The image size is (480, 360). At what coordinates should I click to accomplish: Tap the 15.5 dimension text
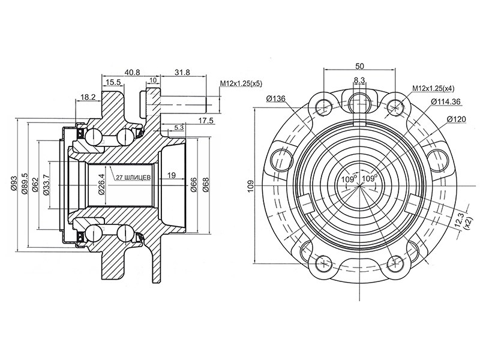coord(113,82)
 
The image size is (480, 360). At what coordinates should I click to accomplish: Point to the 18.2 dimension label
coord(88,97)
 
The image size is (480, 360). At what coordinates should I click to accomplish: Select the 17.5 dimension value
coord(206,121)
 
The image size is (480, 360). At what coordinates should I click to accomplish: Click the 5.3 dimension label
coord(179,127)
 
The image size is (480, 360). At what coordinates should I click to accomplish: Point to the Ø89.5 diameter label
coord(25,184)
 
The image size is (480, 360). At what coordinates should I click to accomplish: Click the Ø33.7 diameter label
coord(46,184)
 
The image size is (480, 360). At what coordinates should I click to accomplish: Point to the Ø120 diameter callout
coord(457,120)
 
